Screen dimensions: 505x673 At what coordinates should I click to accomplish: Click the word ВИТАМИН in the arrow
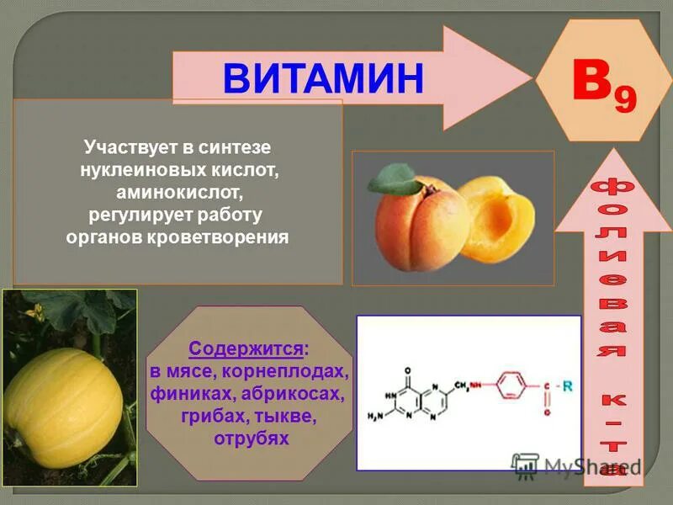(x=323, y=78)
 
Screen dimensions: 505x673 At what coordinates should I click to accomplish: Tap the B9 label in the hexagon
(x=603, y=88)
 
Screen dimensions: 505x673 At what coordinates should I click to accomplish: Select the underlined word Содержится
(x=246, y=348)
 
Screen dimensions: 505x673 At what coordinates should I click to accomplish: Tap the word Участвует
(x=125, y=146)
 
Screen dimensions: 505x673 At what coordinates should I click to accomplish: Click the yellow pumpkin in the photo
(x=62, y=395)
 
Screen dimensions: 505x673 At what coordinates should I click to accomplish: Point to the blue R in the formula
(x=567, y=386)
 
